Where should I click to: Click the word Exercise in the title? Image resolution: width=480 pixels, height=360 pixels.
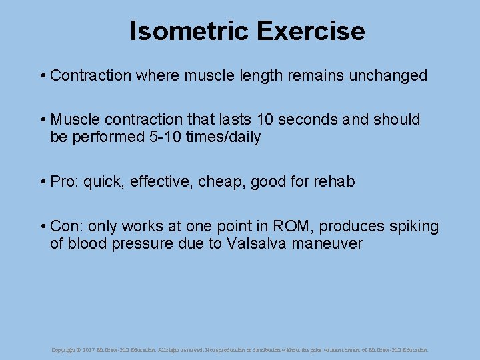[x=310, y=31]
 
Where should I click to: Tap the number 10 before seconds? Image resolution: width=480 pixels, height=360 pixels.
[x=265, y=119]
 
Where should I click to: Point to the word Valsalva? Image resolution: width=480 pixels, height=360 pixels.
[x=254, y=243]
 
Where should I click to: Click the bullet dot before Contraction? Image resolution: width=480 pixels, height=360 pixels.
[x=42, y=76]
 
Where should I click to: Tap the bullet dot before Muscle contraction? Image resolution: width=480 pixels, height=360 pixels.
[x=42, y=120]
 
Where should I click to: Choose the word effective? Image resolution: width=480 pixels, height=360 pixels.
[x=159, y=181]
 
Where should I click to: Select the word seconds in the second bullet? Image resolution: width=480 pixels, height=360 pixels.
[x=314, y=119]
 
